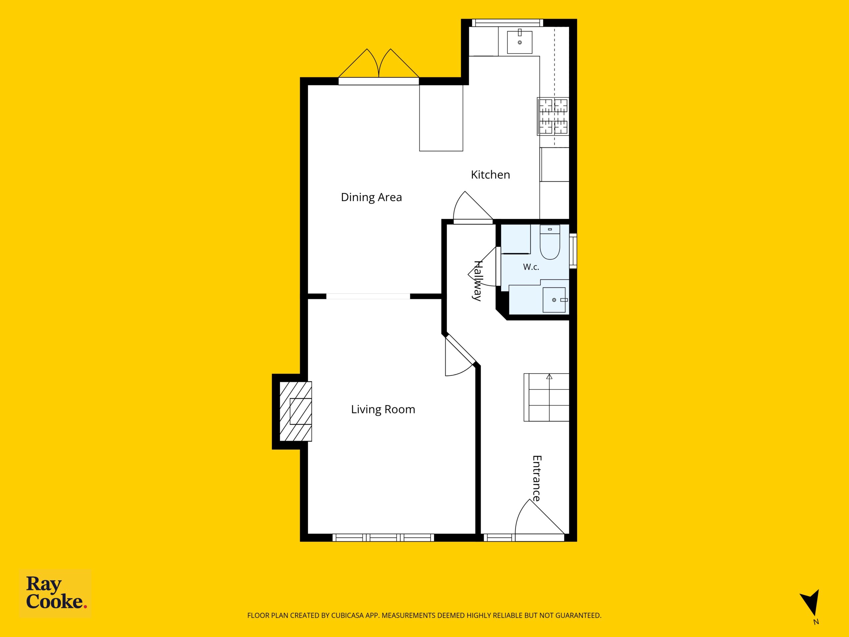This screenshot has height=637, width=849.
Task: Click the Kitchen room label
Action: tap(490, 175)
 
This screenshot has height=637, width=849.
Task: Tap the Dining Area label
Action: tap(371, 197)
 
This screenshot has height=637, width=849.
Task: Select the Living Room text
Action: tap(383, 409)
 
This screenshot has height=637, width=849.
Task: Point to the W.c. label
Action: tap(531, 267)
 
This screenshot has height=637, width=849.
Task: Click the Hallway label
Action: tap(478, 281)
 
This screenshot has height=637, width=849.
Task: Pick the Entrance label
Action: tap(537, 478)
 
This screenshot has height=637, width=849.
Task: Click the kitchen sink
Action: tap(520, 41)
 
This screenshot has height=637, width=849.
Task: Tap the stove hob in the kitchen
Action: tap(553, 116)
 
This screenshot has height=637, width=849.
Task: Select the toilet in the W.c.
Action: tap(550, 242)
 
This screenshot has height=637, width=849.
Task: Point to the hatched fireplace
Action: tap(295, 411)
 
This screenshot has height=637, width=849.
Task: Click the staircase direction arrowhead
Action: tap(549, 377)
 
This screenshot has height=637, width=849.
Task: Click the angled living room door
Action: tap(460, 355)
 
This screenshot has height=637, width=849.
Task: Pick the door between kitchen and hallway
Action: tap(473, 207)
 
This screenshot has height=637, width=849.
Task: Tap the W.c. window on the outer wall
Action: tap(573, 251)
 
